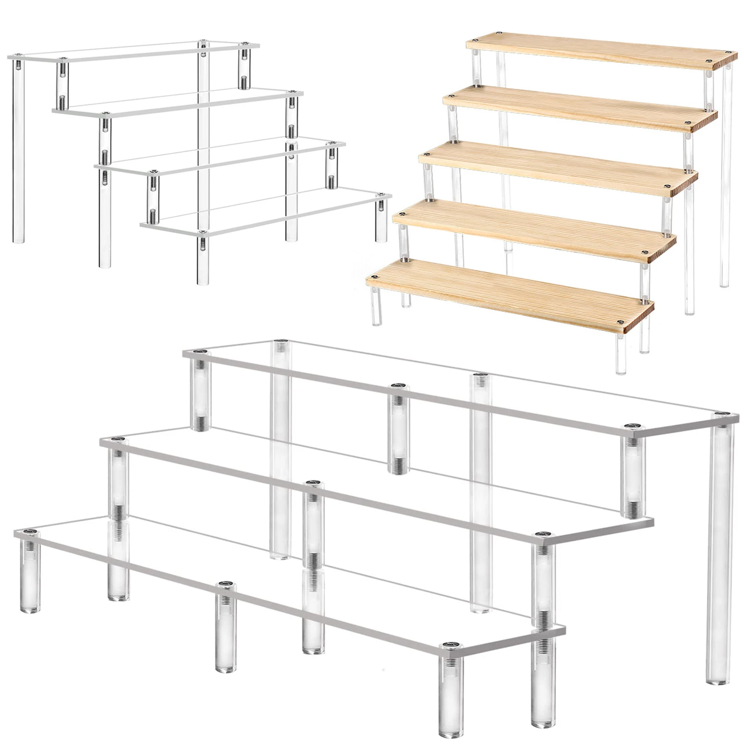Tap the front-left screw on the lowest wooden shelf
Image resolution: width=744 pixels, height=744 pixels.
click(x=375, y=277)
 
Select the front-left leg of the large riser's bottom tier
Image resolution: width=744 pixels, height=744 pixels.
click(x=30, y=575)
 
